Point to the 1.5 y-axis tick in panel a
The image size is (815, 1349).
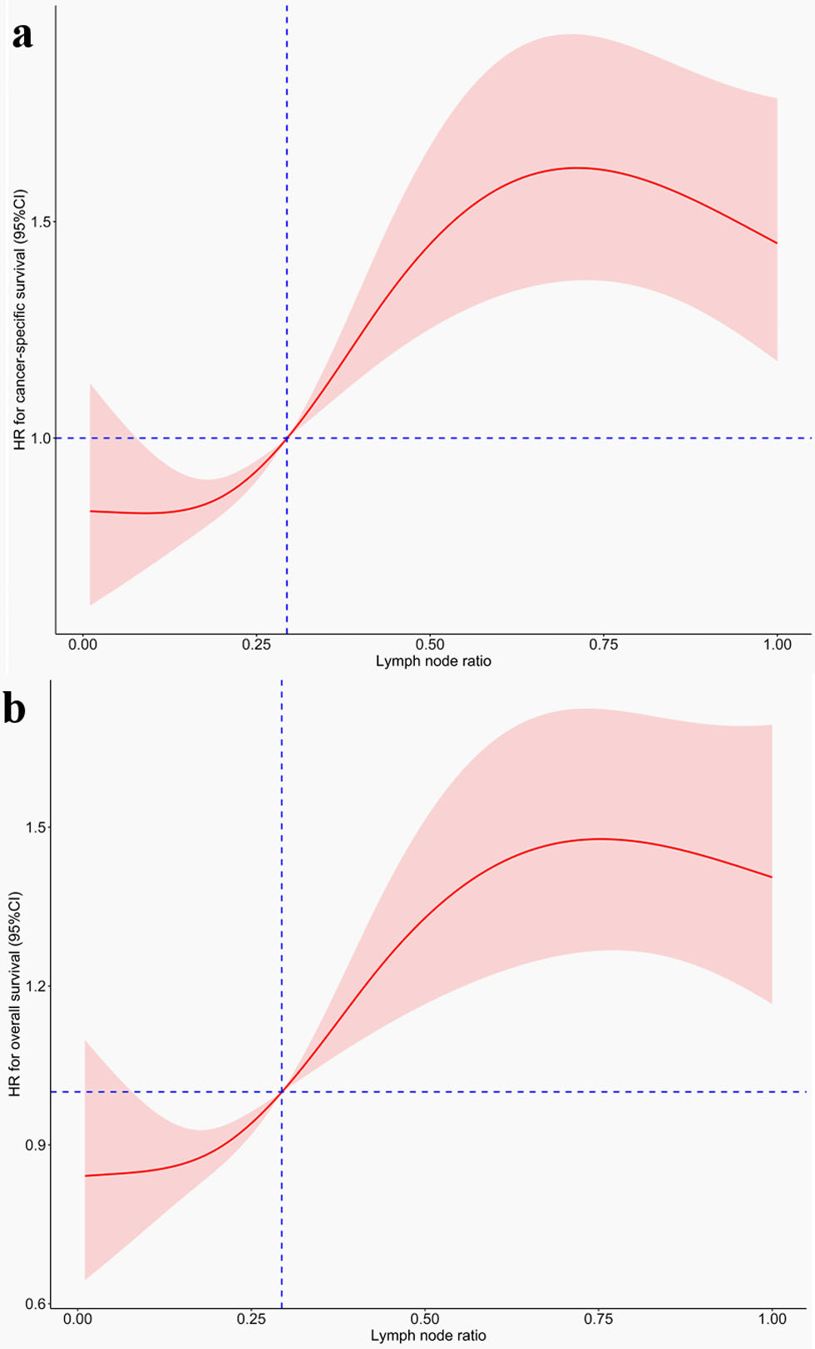(x=41, y=222)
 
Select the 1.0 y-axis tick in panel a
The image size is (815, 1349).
(x=41, y=438)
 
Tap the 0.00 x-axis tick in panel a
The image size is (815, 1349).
(x=81, y=645)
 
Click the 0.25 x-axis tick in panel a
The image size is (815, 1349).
(x=256, y=645)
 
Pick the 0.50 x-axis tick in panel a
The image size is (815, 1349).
(x=430, y=645)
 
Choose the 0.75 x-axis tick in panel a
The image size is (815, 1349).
(x=604, y=645)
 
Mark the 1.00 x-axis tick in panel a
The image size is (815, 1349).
(x=778, y=645)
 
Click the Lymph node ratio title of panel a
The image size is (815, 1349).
(x=433, y=662)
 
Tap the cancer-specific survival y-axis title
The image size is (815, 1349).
(x=19, y=320)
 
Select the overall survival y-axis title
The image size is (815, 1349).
(x=15, y=994)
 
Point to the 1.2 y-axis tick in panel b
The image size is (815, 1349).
(x=36, y=986)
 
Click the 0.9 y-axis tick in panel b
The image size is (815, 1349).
(x=36, y=1145)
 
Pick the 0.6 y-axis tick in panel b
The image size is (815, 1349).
(x=36, y=1304)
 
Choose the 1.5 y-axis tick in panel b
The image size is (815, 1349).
(x=36, y=828)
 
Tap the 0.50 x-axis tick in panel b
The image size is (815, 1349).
(x=425, y=1318)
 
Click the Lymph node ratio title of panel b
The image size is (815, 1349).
(x=428, y=1336)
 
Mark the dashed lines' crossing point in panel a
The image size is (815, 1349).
(x=287, y=438)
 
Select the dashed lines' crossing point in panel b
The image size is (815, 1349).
(x=282, y=1092)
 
